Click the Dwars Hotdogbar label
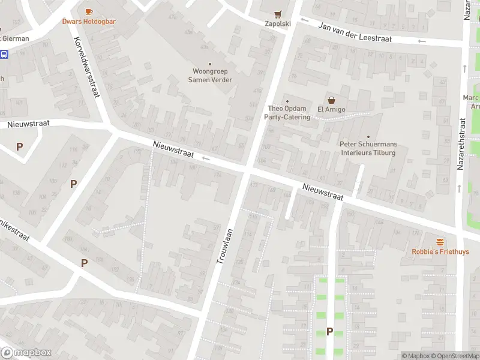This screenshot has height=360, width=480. [x=89, y=22]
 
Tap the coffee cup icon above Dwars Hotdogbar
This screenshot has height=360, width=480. [x=89, y=11]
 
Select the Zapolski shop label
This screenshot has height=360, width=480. [x=278, y=24]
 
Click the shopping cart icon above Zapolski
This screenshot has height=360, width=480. [x=278, y=14]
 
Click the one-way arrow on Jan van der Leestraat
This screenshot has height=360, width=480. [x=422, y=41]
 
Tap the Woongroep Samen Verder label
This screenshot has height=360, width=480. [x=210, y=76]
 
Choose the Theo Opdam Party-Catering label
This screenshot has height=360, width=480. [x=287, y=113]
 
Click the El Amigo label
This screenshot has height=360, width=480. [x=330, y=109]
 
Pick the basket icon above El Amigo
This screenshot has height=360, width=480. [x=331, y=100]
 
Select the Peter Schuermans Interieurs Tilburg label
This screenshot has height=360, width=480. [x=368, y=148]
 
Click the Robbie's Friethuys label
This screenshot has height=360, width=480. [x=440, y=251]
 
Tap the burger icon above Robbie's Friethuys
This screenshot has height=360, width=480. [x=440, y=241]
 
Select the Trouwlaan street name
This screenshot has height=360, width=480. [x=226, y=248]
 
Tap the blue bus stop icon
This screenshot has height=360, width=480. [x=4, y=54]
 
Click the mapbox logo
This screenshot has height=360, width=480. [x=26, y=353]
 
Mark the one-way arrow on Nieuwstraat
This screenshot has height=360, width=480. [x=205, y=158]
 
